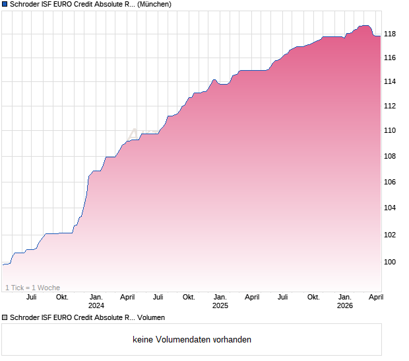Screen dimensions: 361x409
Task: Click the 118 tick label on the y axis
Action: (x=390, y=34)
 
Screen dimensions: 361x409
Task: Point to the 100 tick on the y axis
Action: (x=390, y=262)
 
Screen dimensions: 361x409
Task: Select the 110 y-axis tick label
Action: (x=390, y=131)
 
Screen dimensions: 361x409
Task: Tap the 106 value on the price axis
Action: (x=390, y=182)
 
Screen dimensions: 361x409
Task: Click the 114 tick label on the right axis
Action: (x=390, y=82)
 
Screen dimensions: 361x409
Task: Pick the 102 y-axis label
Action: (x=390, y=235)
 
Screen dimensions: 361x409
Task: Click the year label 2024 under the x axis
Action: (x=96, y=305)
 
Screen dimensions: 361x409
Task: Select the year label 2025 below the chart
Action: (x=220, y=305)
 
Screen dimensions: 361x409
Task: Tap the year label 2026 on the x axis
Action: (x=345, y=305)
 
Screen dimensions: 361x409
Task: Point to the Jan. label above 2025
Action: (x=220, y=297)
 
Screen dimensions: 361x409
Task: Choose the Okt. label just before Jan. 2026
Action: (x=313, y=297)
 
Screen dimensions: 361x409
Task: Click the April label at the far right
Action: (x=375, y=297)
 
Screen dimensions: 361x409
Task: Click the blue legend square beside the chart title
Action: (x=5, y=5)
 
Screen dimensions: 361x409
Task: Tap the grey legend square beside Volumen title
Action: (x=5, y=318)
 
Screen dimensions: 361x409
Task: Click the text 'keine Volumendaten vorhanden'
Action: (x=192, y=340)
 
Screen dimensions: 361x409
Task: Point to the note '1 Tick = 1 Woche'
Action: (x=32, y=288)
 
